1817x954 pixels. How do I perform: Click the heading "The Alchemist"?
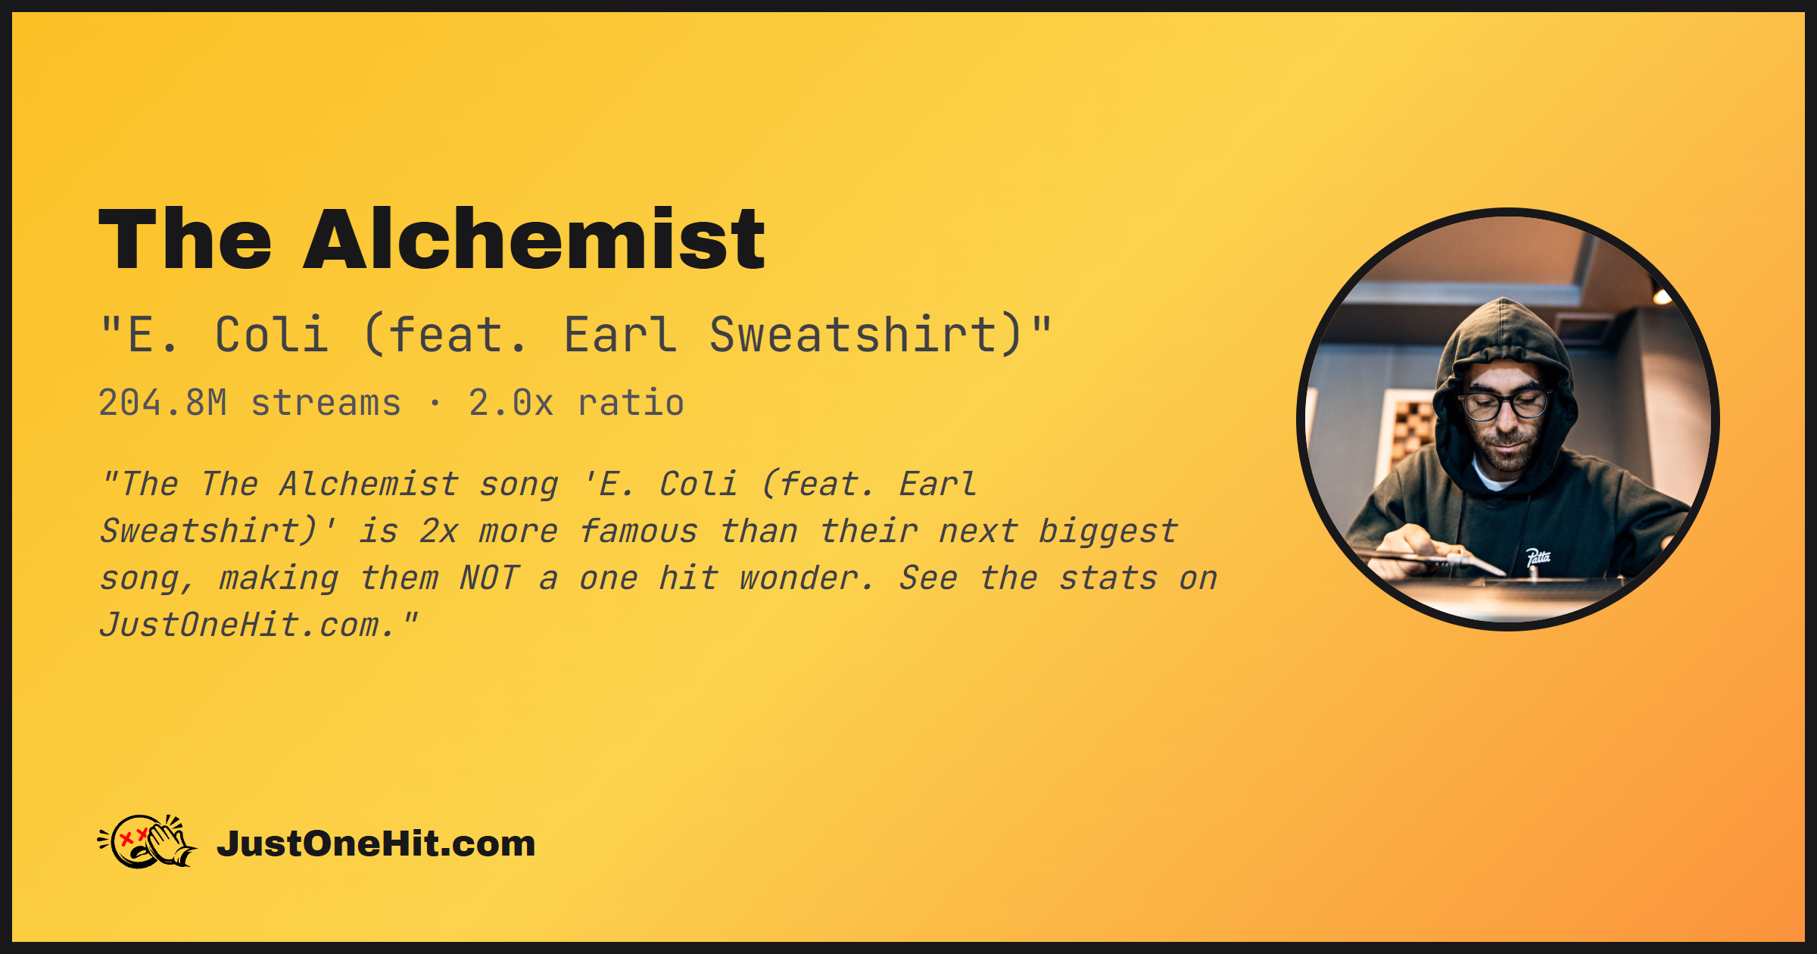click(x=432, y=239)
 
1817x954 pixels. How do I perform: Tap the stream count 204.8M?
click(x=163, y=403)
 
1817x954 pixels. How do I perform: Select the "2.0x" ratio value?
click(x=511, y=403)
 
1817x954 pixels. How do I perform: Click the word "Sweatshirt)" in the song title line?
click(x=867, y=335)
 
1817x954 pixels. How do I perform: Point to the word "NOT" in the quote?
click(x=490, y=578)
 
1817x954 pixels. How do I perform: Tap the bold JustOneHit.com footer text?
click(x=376, y=843)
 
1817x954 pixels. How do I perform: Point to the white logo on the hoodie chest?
click(x=1538, y=558)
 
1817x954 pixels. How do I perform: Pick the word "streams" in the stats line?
click(x=326, y=403)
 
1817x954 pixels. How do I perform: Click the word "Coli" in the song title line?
click(x=272, y=335)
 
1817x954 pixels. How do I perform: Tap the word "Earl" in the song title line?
click(x=620, y=335)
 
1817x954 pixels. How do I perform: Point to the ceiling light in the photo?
click(x=1662, y=296)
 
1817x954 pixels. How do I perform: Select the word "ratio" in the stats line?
click(x=631, y=403)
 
